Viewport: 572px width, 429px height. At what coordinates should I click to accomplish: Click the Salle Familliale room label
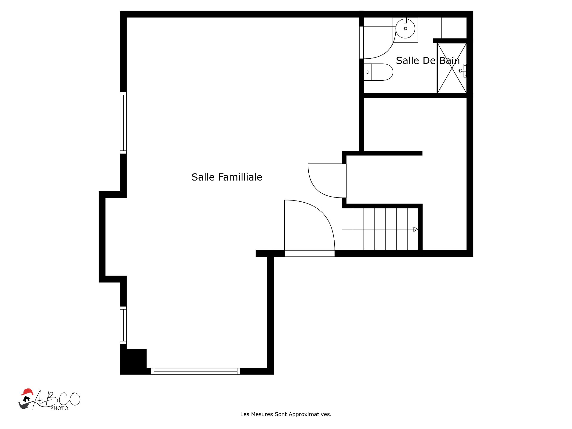227,177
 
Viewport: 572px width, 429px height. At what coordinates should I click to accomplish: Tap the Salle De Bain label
428,61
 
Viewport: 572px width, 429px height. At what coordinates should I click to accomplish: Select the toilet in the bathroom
378,72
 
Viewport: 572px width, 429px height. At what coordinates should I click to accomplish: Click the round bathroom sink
405,29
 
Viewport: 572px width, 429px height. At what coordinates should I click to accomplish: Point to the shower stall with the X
452,68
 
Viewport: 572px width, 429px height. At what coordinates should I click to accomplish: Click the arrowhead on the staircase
416,229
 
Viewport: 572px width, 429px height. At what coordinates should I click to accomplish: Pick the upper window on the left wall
123,123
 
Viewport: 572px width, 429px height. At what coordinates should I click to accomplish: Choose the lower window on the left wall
123,325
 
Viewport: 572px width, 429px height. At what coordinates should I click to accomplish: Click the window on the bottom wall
195,371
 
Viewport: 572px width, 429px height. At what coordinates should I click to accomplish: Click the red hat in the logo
27,391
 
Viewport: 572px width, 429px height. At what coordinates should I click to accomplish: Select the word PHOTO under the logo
59,408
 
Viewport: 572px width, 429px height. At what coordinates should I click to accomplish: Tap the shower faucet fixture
463,71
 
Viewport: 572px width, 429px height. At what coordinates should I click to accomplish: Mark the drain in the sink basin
405,29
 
